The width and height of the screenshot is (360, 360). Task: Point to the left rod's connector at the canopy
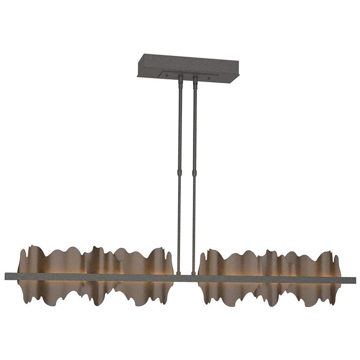click(180, 79)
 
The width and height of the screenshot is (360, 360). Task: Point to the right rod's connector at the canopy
click(195, 81)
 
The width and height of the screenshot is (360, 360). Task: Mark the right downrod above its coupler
click(195, 129)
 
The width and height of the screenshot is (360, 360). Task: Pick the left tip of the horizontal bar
click(6, 276)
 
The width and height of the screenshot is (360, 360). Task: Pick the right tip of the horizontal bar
click(354, 280)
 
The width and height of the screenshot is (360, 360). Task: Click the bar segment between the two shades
click(186, 278)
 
